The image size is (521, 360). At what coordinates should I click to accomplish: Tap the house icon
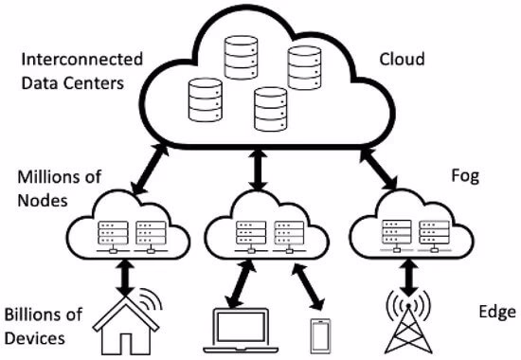click(125, 324)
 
